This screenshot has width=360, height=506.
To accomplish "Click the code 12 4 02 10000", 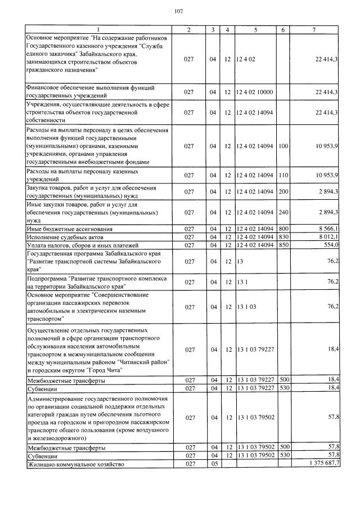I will coord(254,92).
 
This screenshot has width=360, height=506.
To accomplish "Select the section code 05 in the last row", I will coord(213,464).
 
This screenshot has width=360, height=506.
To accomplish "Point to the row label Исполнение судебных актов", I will coord(61,238).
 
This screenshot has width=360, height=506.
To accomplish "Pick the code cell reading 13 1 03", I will coord(246,307).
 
